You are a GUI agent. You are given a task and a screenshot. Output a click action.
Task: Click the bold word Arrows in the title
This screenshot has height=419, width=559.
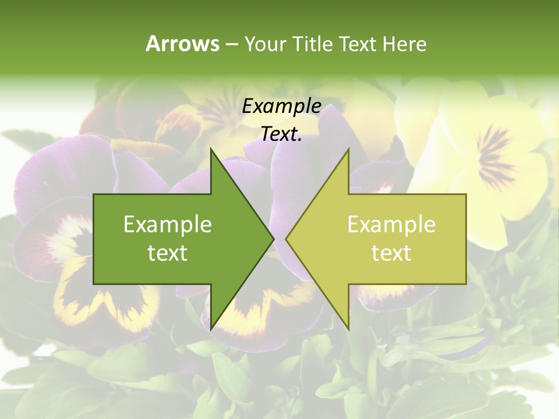click(183, 44)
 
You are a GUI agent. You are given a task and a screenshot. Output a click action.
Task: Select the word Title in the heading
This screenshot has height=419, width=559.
click(314, 44)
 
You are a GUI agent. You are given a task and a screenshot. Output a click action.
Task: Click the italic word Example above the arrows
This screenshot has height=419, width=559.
click(281, 106)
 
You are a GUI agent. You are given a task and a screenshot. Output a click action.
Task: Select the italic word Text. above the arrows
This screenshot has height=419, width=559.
click(281, 134)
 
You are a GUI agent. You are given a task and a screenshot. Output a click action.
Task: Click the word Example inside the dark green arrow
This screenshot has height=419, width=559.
click(168, 224)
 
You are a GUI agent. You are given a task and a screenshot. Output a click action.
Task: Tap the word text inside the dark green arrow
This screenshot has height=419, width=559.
click(168, 253)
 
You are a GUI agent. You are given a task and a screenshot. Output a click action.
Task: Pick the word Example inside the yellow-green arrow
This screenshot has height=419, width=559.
click(391, 224)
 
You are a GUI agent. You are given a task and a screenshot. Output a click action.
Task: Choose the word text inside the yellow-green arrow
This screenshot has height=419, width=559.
click(391, 253)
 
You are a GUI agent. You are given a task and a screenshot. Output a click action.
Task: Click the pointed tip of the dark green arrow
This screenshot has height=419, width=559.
click(273, 239)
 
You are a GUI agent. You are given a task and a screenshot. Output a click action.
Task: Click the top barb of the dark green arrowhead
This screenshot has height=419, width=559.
click(211, 151)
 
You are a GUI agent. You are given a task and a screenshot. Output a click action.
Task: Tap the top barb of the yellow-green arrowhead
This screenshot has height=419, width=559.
click(348, 151)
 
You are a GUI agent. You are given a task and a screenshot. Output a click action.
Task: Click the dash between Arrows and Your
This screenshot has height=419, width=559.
click(231, 44)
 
